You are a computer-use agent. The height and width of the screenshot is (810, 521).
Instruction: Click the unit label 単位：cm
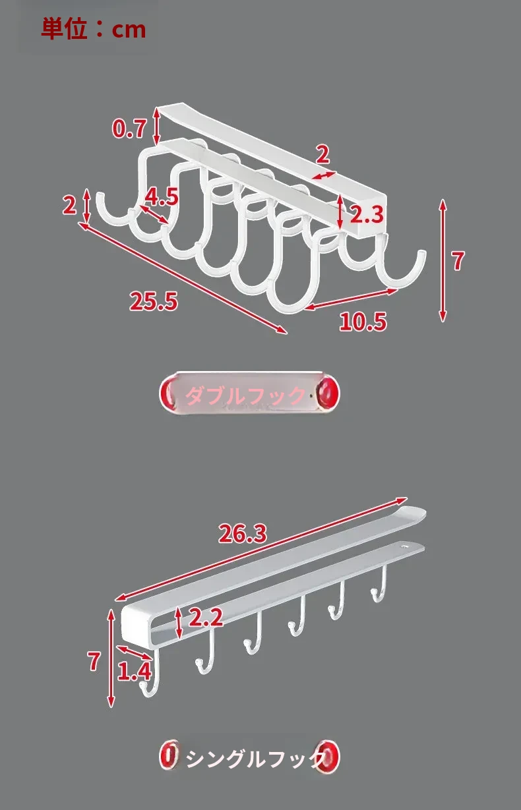94,29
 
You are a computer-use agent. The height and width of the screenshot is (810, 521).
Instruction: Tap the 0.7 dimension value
129,129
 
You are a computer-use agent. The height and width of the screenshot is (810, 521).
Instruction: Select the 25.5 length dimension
154,301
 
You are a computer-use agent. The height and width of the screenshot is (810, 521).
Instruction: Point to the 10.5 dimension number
363,322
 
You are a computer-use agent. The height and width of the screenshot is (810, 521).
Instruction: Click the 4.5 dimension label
162,197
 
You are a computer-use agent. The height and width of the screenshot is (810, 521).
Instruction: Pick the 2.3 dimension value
367,214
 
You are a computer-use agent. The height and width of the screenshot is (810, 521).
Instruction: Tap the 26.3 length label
243,533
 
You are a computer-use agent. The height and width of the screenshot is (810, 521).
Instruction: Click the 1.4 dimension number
135,671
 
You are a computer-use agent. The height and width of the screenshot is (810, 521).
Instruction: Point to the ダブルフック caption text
245,395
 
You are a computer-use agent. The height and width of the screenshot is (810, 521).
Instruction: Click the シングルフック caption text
255,759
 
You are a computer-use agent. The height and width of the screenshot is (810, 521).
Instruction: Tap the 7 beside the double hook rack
458,261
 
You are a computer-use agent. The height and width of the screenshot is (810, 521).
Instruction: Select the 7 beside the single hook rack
94,661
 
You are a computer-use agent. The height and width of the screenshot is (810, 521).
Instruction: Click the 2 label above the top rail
322,154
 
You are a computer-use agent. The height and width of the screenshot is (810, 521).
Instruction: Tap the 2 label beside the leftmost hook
69,206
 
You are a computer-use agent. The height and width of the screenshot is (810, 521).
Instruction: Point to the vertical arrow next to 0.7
156,127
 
